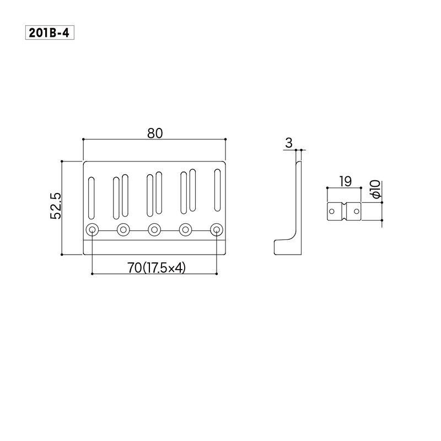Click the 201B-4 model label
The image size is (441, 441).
50,33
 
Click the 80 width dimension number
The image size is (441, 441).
155,133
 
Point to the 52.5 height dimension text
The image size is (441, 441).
56,206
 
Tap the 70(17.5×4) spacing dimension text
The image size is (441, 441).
157,268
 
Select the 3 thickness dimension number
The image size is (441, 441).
289,143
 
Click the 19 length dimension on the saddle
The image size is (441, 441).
346,181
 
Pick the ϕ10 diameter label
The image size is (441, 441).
375,190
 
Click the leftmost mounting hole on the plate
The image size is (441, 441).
92,230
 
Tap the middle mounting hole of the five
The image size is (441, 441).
154,230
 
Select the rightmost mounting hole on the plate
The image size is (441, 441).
217,230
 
